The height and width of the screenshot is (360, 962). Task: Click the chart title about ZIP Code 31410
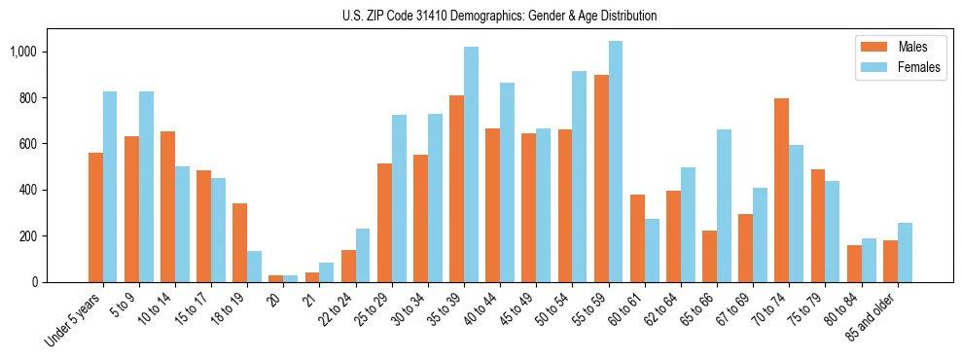click(500, 16)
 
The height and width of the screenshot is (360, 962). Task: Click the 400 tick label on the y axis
click(29, 190)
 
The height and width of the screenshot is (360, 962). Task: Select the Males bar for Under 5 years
click(95, 217)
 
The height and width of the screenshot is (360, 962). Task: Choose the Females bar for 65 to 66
click(724, 205)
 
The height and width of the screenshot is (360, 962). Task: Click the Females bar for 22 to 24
click(363, 255)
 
